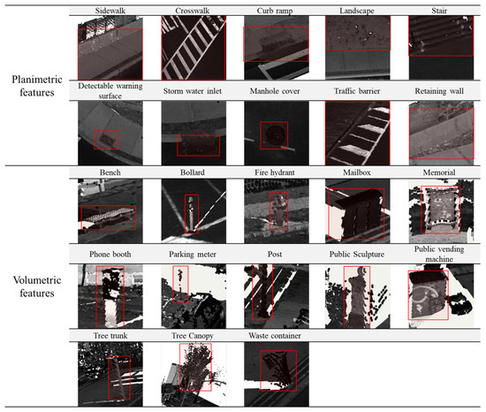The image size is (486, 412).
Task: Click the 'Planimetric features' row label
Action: coord(37,86)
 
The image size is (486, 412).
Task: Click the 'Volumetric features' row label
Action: coord(37,286)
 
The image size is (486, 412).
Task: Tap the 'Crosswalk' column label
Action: coord(192,11)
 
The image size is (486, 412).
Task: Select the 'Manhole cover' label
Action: coord(275,91)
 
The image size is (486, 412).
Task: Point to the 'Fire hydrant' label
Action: coord(275,172)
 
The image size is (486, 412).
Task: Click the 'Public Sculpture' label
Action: coord(357,255)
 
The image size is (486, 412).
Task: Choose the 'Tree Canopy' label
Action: coord(193,336)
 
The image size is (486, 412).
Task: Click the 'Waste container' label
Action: coord(275,336)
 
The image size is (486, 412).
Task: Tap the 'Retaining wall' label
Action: coord(439,91)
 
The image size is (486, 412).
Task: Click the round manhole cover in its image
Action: coord(274,135)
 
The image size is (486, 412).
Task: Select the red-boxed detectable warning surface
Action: coord(106,140)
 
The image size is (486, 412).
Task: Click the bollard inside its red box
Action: coord(192,214)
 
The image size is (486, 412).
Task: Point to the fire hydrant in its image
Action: coord(279,210)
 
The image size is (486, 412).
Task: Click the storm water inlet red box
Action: coord(198,145)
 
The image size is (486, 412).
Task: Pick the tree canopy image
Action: coord(194,374)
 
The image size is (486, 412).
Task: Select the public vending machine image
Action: coord(441,296)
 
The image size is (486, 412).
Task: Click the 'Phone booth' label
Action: coord(110,255)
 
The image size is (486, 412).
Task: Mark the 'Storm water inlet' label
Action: coord(192,91)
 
